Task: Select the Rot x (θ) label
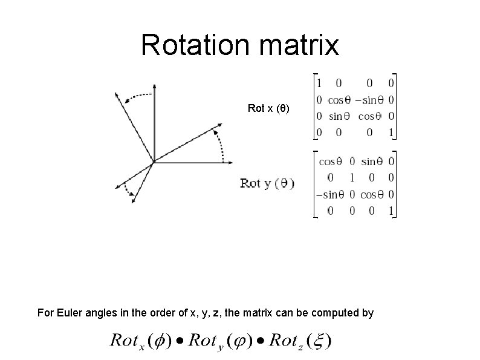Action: coord(268,109)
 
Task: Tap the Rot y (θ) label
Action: coord(267,183)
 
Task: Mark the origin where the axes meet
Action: coord(154,162)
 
